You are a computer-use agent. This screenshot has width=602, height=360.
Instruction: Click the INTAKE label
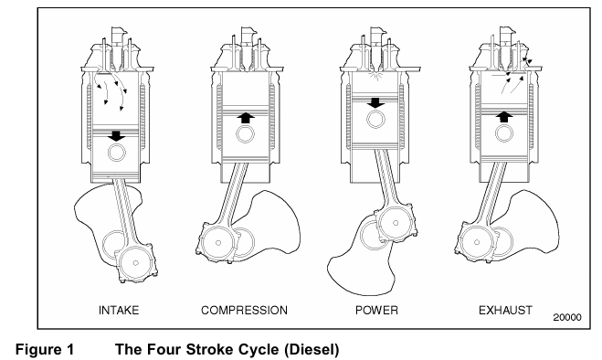point(119,310)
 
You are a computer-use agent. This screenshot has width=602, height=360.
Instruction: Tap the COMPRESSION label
point(244,310)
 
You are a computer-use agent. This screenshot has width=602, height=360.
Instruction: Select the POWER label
point(376,310)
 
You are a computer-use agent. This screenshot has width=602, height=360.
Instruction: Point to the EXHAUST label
point(505,310)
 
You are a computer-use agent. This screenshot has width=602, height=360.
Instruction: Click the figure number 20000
point(567,317)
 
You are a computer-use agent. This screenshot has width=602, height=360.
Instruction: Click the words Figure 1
point(45,350)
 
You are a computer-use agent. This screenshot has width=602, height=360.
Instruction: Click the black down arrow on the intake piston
point(116,136)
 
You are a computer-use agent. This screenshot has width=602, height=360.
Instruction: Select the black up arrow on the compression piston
point(246,117)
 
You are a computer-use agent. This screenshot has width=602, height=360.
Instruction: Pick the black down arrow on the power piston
point(375,102)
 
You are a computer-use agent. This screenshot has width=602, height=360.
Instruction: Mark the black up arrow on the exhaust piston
point(504,117)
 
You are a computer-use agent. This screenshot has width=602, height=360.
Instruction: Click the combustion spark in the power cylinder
point(375,75)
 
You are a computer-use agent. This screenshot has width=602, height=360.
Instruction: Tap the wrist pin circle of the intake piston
point(117,153)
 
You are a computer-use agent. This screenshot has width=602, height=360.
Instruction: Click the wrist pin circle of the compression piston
point(246,134)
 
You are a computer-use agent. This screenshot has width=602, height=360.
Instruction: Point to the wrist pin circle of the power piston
point(375,119)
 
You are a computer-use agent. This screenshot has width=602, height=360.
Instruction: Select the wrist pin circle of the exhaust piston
point(504,133)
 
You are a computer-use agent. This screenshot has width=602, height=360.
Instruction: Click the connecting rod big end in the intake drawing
point(136,263)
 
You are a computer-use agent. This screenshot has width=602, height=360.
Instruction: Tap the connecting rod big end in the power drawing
point(396,223)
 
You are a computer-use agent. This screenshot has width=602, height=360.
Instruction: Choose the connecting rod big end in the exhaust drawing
point(477,242)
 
